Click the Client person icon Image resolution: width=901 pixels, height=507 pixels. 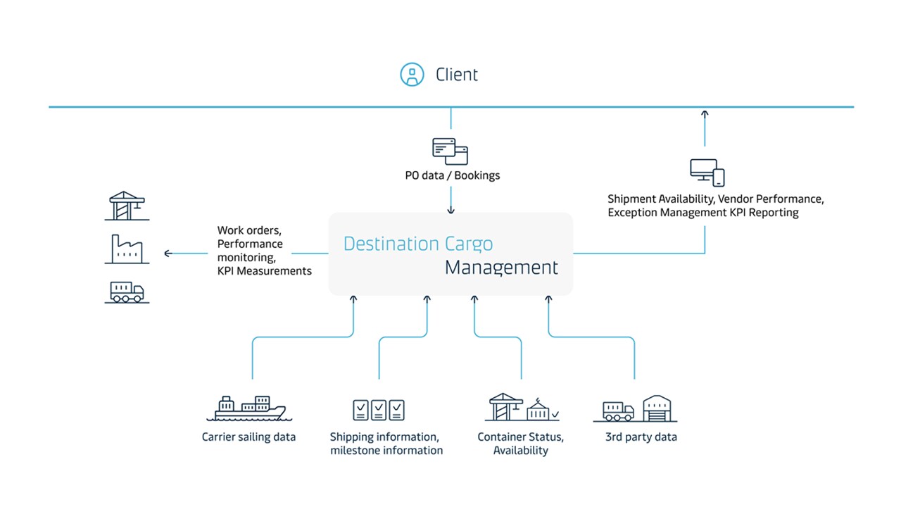(x=412, y=75)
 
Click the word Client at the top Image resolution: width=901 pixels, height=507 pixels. (x=457, y=75)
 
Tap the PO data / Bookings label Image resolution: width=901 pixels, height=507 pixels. (x=452, y=175)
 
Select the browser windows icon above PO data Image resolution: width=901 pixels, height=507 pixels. (x=450, y=151)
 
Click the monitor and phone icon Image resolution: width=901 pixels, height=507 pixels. (x=707, y=172)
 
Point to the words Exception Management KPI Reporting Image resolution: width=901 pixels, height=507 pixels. (x=703, y=213)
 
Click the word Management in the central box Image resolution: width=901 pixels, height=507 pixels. (x=501, y=268)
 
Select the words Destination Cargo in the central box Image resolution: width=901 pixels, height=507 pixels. (x=418, y=244)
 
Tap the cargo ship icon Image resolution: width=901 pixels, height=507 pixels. (x=251, y=408)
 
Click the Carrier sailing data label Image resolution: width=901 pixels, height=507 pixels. (x=248, y=437)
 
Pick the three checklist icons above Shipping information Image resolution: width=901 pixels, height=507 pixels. (x=379, y=410)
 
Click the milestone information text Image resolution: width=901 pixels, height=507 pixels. (x=386, y=451)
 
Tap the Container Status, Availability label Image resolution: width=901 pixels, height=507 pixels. (x=520, y=444)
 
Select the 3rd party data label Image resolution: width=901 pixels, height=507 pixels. (x=641, y=437)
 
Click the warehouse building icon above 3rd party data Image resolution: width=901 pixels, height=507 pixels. (x=660, y=408)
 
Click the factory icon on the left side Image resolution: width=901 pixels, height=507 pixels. (x=127, y=249)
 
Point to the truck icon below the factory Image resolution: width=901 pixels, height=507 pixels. (x=127, y=292)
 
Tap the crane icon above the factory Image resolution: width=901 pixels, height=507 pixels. (x=127, y=206)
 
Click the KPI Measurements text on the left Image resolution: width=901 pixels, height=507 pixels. (x=264, y=271)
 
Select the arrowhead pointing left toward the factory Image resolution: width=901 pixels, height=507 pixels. (x=168, y=254)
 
